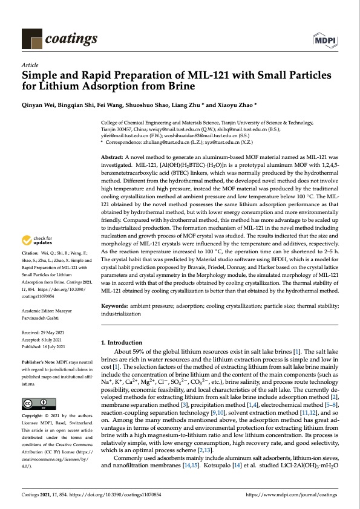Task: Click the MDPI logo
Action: [x=326, y=40]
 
